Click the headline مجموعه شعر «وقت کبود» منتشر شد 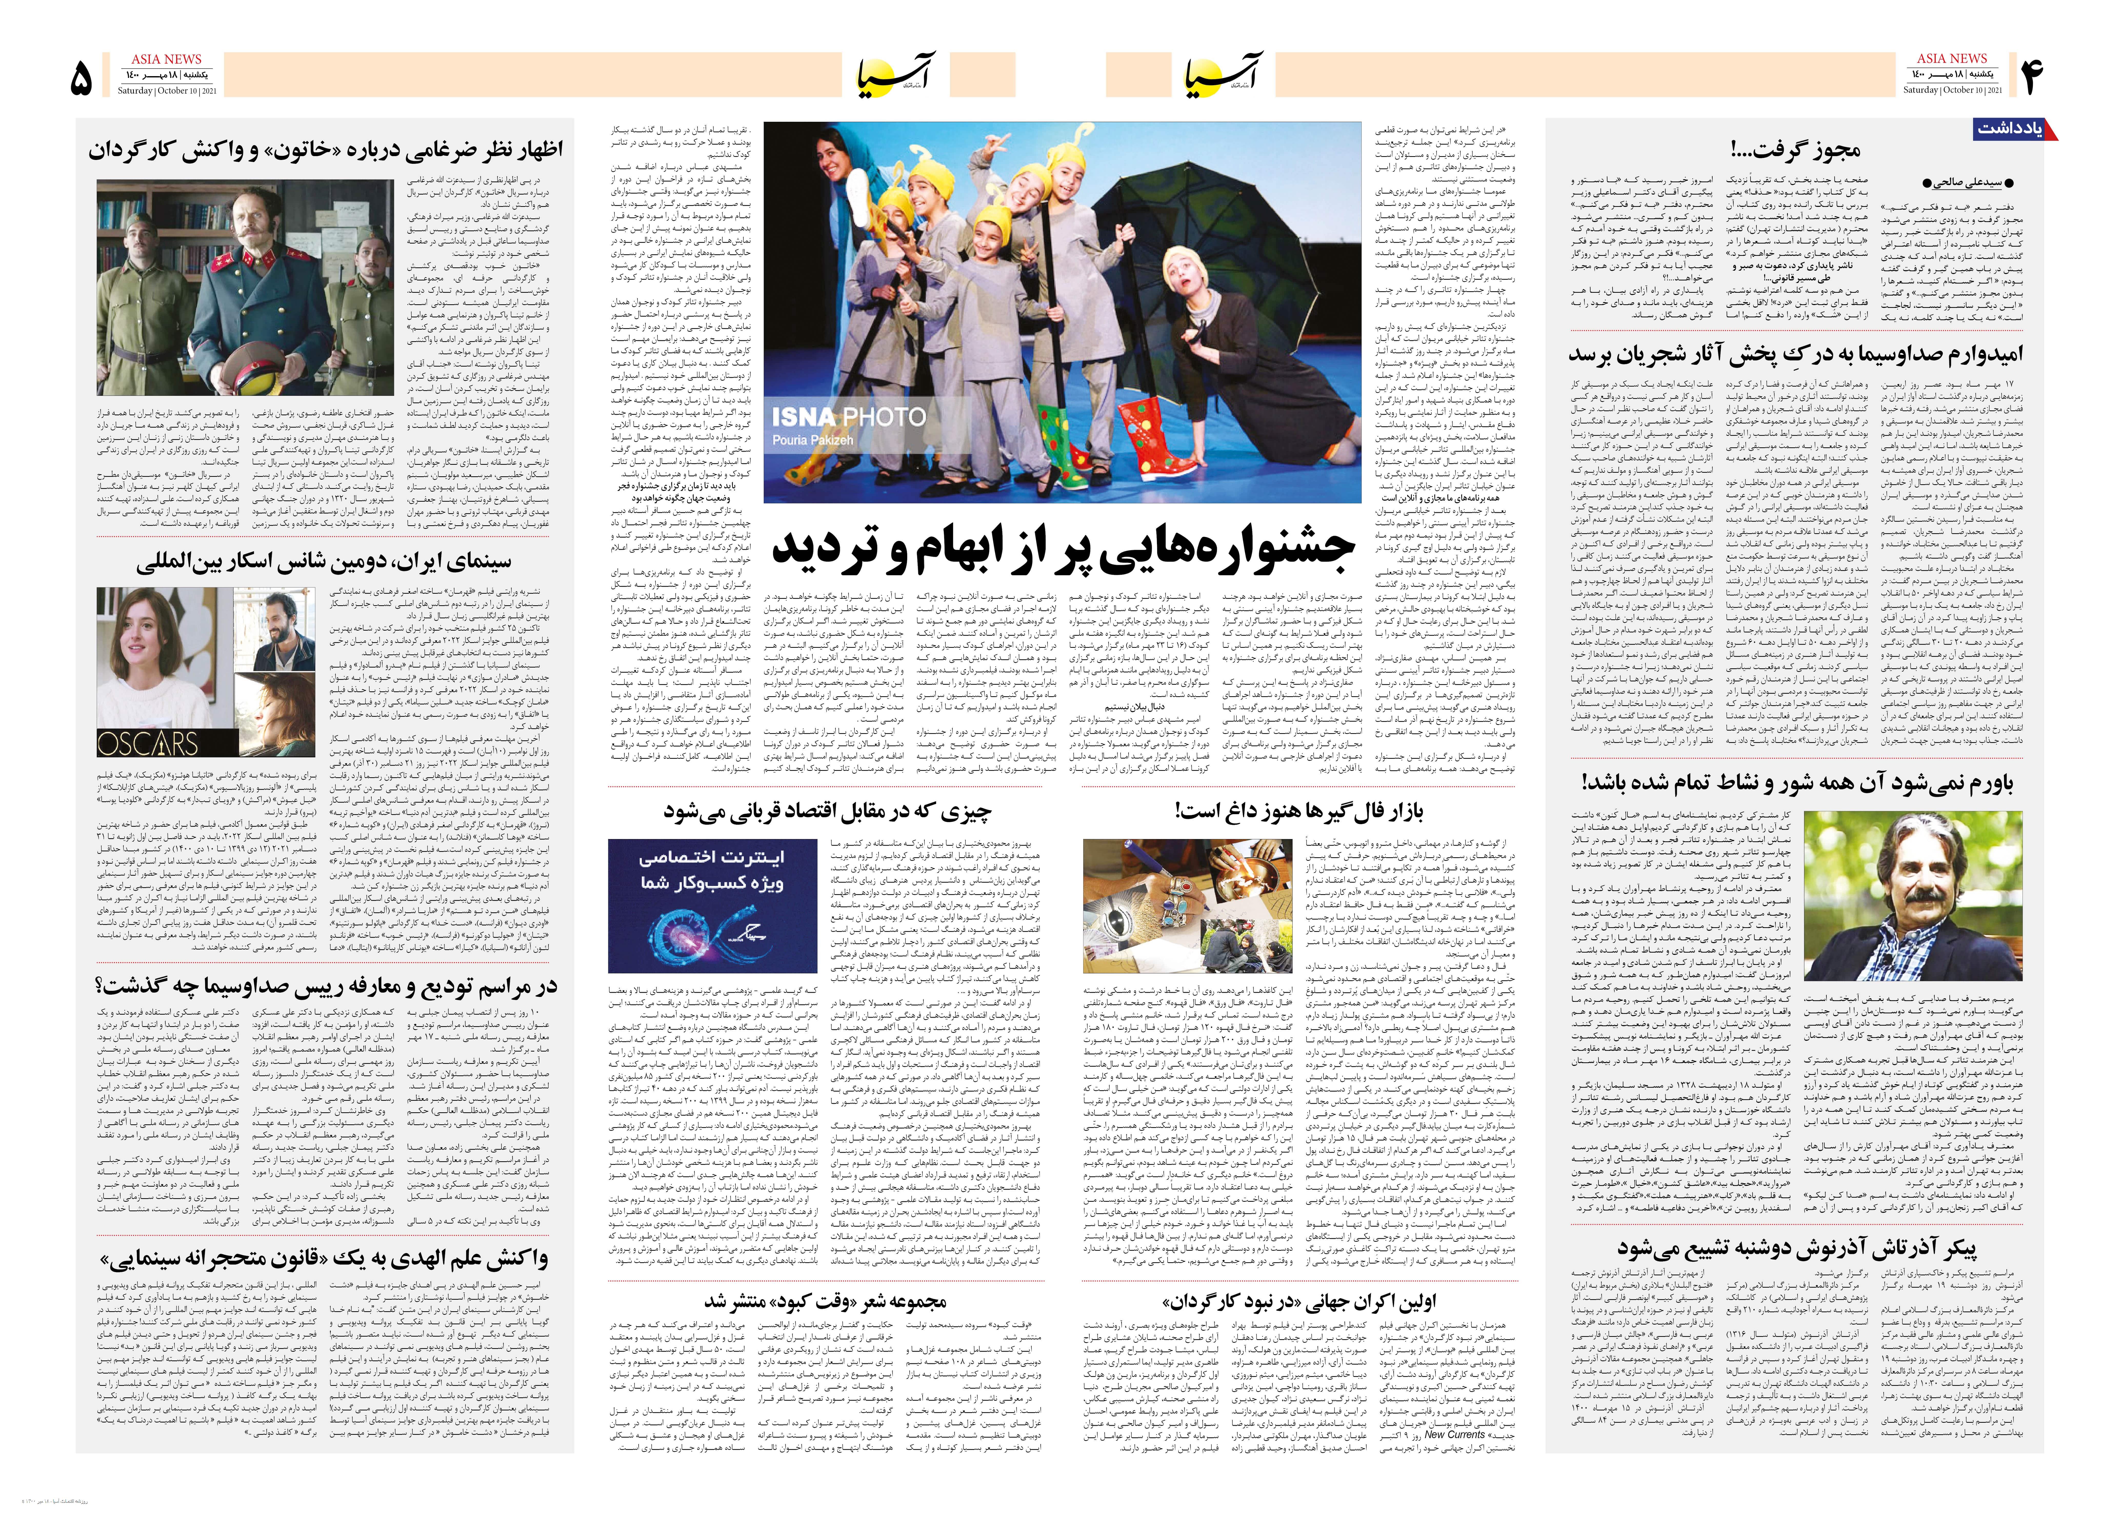(x=825, y=1300)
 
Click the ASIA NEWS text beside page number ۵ (x=166, y=59)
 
